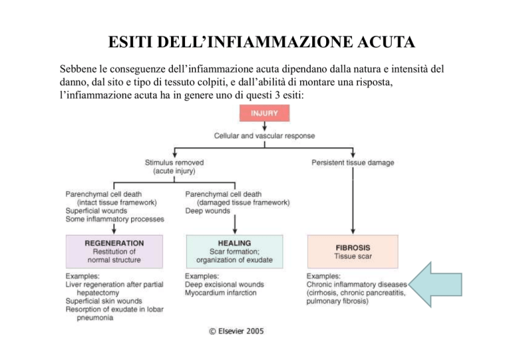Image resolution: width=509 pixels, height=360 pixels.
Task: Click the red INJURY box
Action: click(x=268, y=113)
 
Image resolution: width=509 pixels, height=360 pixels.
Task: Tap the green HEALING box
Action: click(x=234, y=251)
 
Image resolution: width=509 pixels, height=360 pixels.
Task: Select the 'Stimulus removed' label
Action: click(x=174, y=161)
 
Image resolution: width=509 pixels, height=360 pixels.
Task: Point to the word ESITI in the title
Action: click(x=130, y=44)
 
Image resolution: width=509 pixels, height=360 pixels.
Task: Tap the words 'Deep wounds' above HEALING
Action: click(x=207, y=211)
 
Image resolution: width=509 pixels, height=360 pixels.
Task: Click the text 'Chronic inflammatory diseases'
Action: click(x=357, y=284)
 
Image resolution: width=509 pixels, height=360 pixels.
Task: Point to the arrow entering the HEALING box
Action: click(x=234, y=225)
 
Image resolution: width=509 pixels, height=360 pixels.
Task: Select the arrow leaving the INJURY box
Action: click(x=268, y=126)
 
